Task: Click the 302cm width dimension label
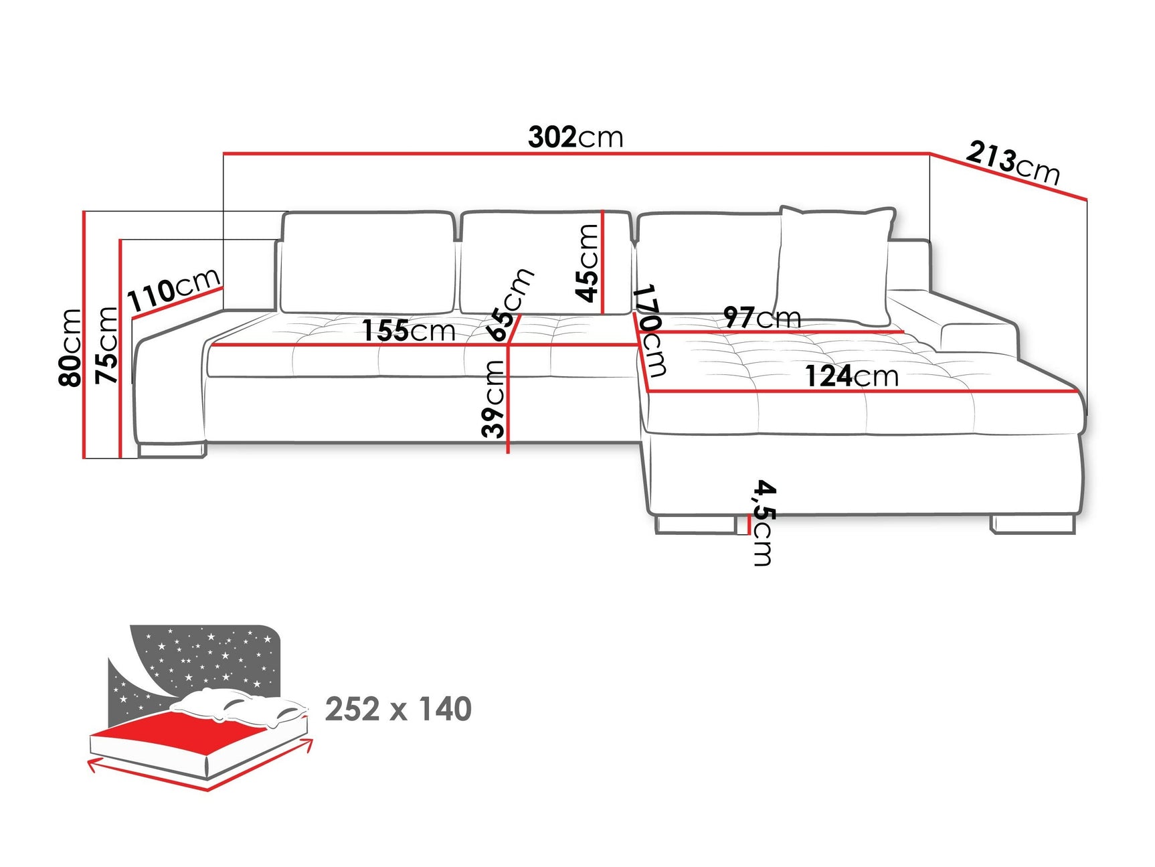(575, 137)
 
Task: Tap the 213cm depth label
(1012, 163)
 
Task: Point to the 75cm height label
(106, 345)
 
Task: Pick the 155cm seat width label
(408, 330)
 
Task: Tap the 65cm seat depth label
(510, 305)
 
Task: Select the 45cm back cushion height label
(587, 263)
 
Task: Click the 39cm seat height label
(493, 399)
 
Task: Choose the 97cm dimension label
(762, 317)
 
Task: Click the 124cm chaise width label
(851, 376)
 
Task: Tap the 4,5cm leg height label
(763, 522)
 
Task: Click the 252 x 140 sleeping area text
(398, 709)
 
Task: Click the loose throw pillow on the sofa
(833, 264)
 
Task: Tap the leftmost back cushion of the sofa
(367, 262)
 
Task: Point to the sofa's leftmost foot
(171, 451)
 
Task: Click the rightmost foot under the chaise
(1033, 524)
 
